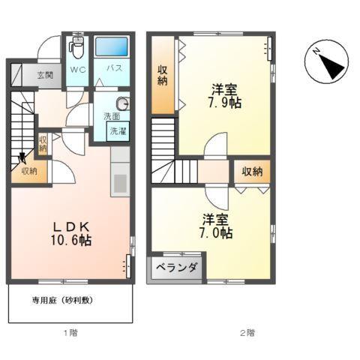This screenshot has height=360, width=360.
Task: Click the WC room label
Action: coord(77,68)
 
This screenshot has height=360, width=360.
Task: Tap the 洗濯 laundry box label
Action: coord(118,131)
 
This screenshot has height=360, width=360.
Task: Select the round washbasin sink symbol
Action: coord(122,104)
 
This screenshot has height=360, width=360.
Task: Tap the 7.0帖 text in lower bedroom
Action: coord(216,233)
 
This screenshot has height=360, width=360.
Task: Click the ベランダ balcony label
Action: coord(177,268)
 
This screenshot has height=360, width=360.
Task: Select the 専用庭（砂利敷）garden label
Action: coord(61,300)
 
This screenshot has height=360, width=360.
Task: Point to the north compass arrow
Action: coord(327,63)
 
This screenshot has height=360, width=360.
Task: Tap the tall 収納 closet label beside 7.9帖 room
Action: coord(163,74)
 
